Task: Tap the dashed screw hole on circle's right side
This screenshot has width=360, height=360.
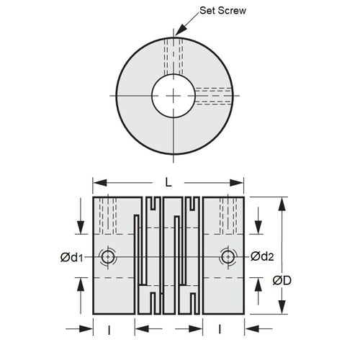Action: pyautogui.click(x=212, y=95)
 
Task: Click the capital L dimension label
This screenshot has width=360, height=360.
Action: pyautogui.click(x=168, y=183)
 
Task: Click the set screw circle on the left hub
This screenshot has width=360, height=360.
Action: pyautogui.click(x=108, y=257)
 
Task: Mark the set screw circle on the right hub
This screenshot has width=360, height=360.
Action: pyautogui.click(x=228, y=257)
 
